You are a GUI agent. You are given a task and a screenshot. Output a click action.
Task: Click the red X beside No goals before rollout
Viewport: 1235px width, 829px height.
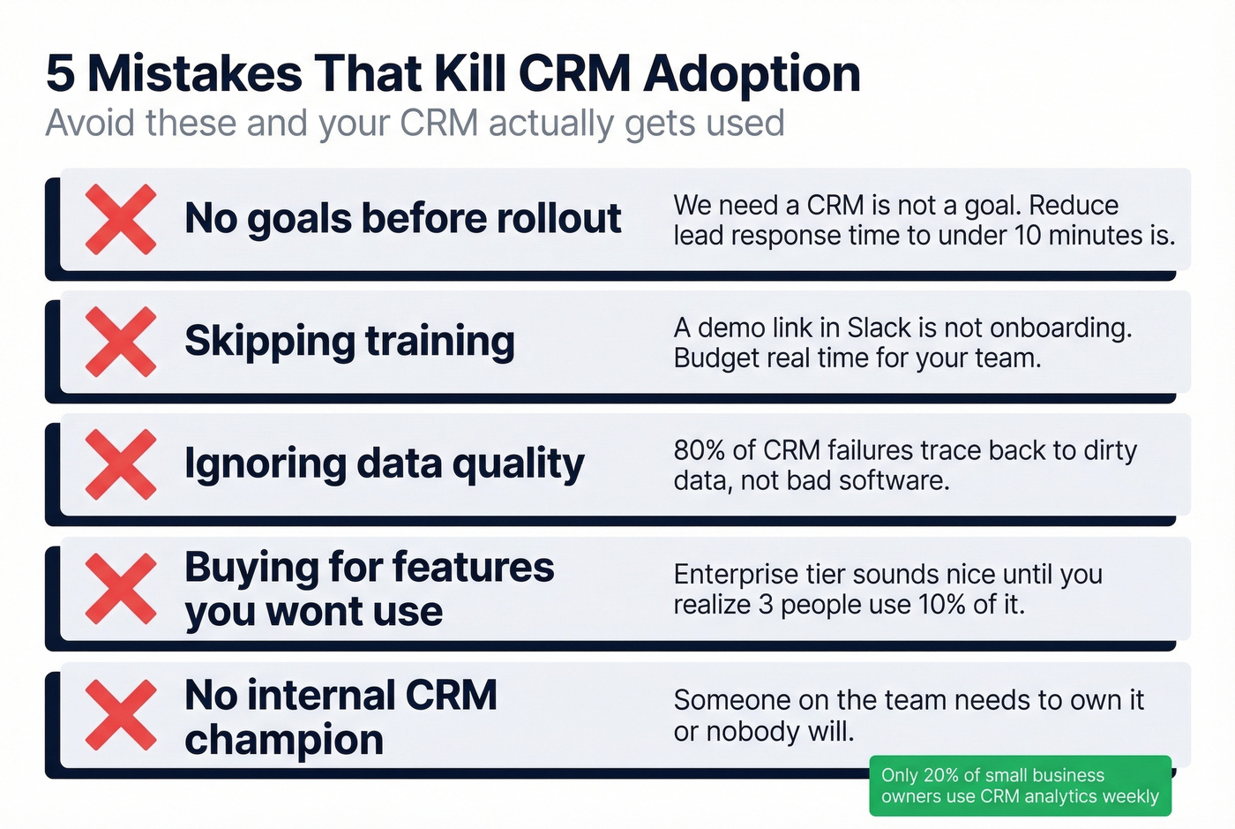[x=121, y=220]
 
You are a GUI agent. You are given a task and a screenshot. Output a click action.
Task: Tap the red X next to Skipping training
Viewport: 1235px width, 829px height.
[x=121, y=342]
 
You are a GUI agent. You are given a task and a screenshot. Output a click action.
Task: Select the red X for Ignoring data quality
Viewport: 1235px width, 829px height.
[x=121, y=464]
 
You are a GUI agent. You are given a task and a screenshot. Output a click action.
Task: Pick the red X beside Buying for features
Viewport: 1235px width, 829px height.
[x=121, y=589]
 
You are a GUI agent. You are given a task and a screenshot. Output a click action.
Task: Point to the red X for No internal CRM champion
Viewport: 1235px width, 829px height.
[x=121, y=715]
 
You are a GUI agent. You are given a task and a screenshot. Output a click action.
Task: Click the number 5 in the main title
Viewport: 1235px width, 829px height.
[x=60, y=73]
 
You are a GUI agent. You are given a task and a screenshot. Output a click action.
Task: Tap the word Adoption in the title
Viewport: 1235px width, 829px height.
[x=752, y=73]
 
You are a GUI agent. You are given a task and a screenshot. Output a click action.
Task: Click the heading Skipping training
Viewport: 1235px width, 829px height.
[x=349, y=342]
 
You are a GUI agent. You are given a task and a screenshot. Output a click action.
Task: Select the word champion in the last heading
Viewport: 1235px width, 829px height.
[x=284, y=740]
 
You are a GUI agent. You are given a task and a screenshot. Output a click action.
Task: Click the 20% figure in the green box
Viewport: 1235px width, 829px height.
[x=939, y=775]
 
